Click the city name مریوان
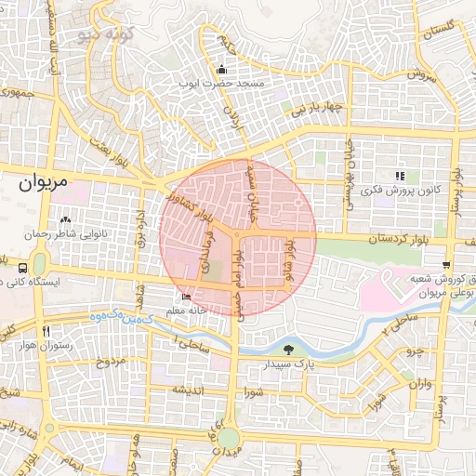[x=43, y=183]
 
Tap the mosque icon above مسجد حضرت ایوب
[x=221, y=70]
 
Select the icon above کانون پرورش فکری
[x=401, y=176]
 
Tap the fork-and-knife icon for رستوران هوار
[x=45, y=331]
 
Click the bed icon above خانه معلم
[x=187, y=297]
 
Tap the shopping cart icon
[x=447, y=265]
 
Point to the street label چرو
[x=413, y=353]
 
